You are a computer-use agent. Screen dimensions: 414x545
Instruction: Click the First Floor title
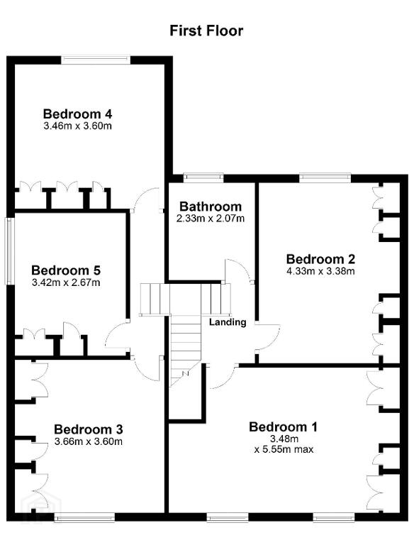point(206,31)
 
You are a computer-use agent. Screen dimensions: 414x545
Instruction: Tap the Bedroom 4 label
point(77,114)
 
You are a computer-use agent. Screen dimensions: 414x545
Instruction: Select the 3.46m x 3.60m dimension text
point(78,126)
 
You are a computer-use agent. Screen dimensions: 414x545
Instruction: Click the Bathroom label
point(211,207)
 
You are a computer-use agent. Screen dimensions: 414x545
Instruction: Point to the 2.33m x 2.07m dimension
point(211,219)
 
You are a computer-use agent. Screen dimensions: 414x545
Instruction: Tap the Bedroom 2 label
point(320,259)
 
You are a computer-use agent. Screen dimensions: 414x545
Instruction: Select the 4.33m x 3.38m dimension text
point(320,271)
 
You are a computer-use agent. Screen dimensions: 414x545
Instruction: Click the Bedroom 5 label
point(66,270)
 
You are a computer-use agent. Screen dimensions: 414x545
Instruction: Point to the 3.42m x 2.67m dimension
point(66,282)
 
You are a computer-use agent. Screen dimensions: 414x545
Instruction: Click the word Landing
point(228,322)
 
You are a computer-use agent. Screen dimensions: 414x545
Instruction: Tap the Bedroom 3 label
point(89,429)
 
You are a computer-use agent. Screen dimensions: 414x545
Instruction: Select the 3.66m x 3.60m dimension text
point(89,442)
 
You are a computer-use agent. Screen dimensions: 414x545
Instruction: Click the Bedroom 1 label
point(283,426)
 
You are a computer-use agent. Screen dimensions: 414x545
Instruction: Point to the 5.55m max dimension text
point(284,449)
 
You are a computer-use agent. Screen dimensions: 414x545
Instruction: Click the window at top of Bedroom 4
point(96,60)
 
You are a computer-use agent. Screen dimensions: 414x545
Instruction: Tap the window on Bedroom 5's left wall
point(9,251)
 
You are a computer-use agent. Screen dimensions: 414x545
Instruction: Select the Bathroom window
point(203,179)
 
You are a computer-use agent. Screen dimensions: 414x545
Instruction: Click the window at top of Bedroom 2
point(325,179)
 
